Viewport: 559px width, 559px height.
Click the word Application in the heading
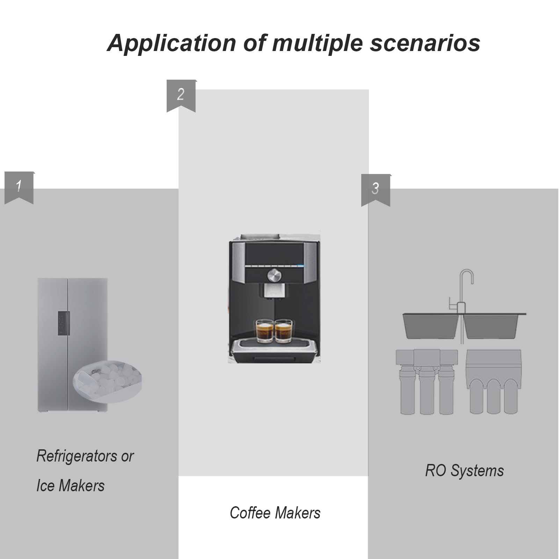(172, 43)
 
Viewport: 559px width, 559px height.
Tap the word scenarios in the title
(425, 43)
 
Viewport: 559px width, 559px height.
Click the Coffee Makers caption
(275, 513)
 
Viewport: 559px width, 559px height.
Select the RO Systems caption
(464, 471)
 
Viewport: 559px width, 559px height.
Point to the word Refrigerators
(77, 456)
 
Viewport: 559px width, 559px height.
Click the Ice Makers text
(71, 486)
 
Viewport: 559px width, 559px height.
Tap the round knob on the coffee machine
(274, 275)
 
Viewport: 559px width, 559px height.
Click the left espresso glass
(264, 331)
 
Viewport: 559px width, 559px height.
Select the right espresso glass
(283, 331)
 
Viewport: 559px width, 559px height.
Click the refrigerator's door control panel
(64, 323)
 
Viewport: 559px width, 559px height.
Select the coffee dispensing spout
(274, 292)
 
